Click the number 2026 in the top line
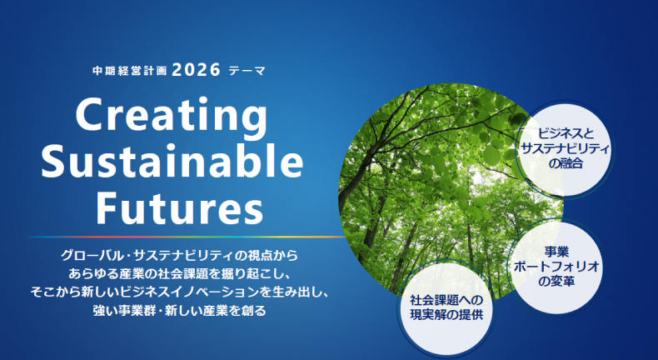coord(196,70)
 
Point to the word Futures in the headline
coord(180,207)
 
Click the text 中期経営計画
coord(130,71)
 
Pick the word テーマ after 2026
coord(247,71)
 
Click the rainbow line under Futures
coord(187,237)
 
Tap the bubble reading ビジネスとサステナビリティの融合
coord(565,148)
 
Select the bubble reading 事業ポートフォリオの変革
coord(556,267)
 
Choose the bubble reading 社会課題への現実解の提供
coord(446,307)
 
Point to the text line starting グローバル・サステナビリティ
coord(179,255)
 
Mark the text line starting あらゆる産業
coord(179,274)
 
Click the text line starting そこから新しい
coord(179,292)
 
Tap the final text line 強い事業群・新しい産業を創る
coord(179,311)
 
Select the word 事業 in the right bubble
coord(556,252)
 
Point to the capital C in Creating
coord(90,115)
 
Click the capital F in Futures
coord(107,205)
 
